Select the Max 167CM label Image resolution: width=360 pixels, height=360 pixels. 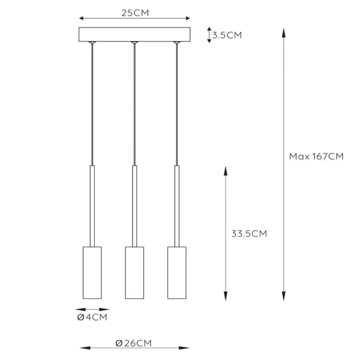point(316,157)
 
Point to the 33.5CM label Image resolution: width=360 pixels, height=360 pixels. point(248,234)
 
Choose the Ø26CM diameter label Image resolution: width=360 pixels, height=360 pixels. point(134,343)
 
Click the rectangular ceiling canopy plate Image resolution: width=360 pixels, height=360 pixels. point(134,35)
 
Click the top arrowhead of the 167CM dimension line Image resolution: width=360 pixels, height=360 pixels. point(283,31)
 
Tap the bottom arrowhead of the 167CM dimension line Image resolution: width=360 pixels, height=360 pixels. point(283,295)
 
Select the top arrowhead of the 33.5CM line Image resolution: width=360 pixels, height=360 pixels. point(226,170)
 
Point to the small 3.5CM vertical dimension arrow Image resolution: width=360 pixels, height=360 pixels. point(209,35)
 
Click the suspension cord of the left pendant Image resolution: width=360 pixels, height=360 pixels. point(91,102)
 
